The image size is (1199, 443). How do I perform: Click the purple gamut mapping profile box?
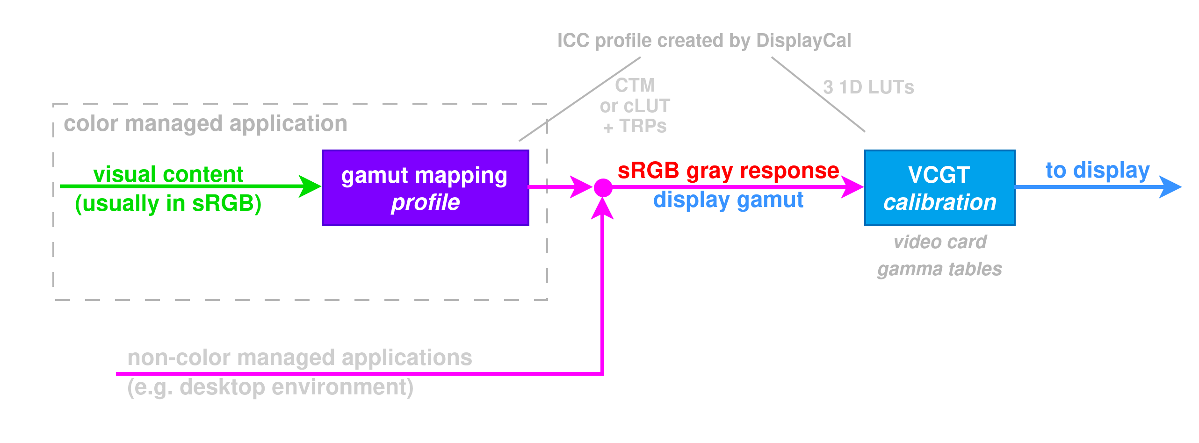pyautogui.click(x=425, y=188)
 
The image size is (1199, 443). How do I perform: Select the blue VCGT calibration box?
pyautogui.click(x=939, y=188)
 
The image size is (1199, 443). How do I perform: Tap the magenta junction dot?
pyautogui.click(x=603, y=188)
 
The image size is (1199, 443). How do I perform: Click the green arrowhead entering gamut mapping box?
pyautogui.click(x=310, y=186)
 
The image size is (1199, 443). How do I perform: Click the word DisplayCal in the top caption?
pyautogui.click(x=803, y=41)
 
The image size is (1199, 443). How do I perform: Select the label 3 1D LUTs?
pyautogui.click(x=868, y=87)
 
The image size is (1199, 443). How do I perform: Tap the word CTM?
pyautogui.click(x=635, y=86)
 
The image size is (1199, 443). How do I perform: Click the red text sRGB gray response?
pyautogui.click(x=728, y=171)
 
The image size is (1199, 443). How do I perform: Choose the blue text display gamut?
pyautogui.click(x=728, y=200)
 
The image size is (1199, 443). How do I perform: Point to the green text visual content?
pyautogui.click(x=168, y=174)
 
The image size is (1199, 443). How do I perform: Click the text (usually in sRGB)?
pyautogui.click(x=168, y=203)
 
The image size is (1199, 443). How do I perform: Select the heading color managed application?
pyautogui.click(x=205, y=124)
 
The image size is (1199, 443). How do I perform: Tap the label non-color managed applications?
pyautogui.click(x=300, y=358)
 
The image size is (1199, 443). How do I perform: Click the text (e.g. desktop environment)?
pyautogui.click(x=270, y=387)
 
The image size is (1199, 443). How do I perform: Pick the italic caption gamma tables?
pyautogui.click(x=939, y=269)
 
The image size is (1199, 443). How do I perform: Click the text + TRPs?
pyautogui.click(x=635, y=126)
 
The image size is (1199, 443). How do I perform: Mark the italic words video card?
pyautogui.click(x=939, y=242)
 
